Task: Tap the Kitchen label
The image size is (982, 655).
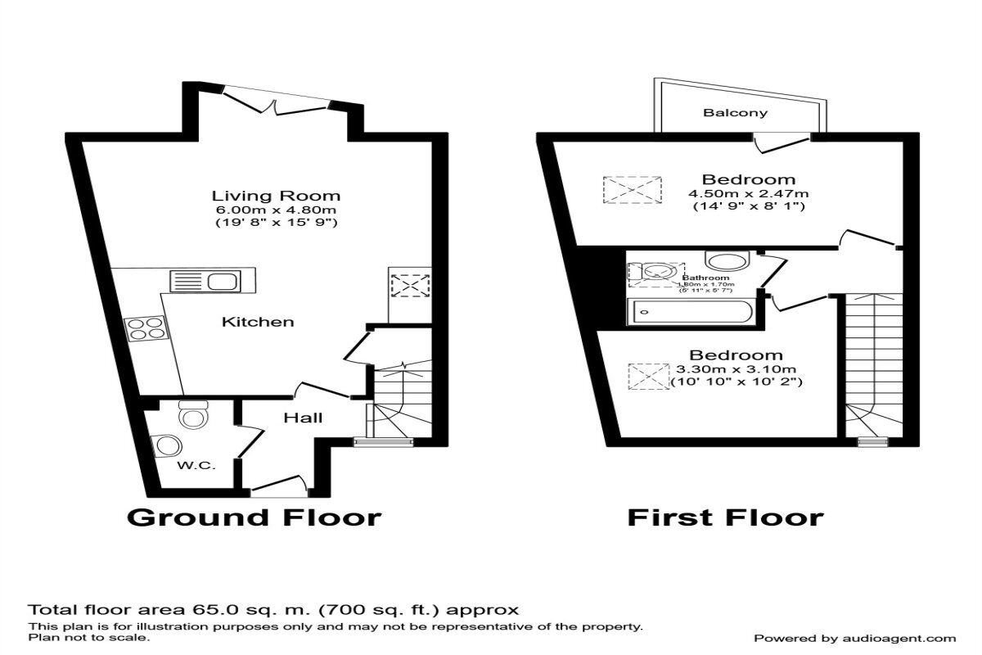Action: point(258,322)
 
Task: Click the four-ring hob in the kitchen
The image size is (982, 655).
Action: point(145,328)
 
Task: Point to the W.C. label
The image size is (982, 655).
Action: point(196,465)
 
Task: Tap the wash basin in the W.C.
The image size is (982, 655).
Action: point(168,445)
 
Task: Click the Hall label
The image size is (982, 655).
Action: point(303,418)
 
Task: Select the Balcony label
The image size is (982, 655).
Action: point(736,113)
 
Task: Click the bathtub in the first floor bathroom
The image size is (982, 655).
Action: point(689,312)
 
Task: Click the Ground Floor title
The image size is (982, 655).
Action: point(254,517)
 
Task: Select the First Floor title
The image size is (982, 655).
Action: point(725,517)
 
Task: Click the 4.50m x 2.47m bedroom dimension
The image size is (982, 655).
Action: point(748,194)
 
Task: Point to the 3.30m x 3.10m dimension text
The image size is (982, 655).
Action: point(736,369)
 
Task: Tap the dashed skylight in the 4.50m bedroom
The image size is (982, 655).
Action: point(632,190)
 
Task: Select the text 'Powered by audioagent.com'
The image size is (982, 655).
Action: point(854,638)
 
